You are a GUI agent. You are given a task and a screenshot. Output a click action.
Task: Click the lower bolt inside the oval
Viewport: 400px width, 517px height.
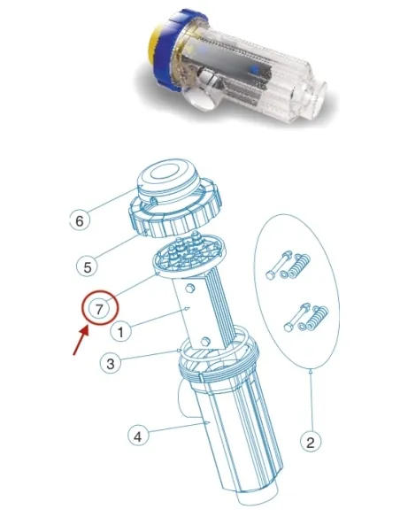tap(293, 318)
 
